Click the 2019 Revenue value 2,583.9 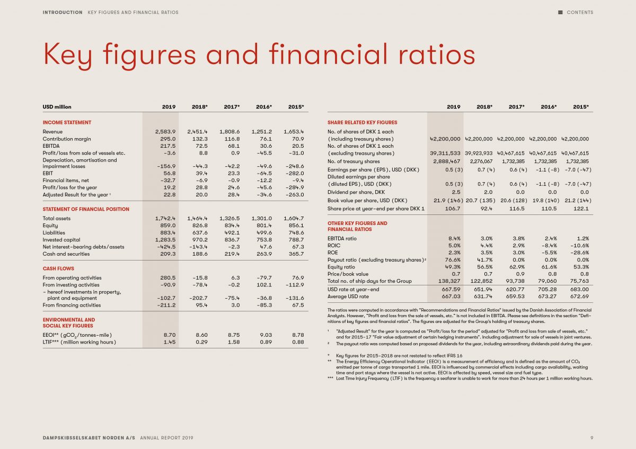click(x=165, y=132)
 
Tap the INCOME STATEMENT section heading click(x=67, y=122)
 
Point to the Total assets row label click(x=57, y=218)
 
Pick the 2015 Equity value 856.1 click(x=296, y=226)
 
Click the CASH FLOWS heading click(x=58, y=268)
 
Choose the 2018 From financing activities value click(x=201, y=305)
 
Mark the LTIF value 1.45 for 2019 click(x=170, y=342)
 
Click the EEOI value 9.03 click(x=266, y=335)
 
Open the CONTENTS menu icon click(x=560, y=13)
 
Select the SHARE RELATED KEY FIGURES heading click(x=363, y=122)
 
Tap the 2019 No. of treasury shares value click(x=447, y=161)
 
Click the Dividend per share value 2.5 click(x=456, y=192)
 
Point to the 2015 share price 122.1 click(x=581, y=209)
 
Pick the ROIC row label click(x=334, y=246)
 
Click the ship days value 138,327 click(x=449, y=281)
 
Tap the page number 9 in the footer click(x=591, y=438)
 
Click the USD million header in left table click(x=57, y=107)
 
